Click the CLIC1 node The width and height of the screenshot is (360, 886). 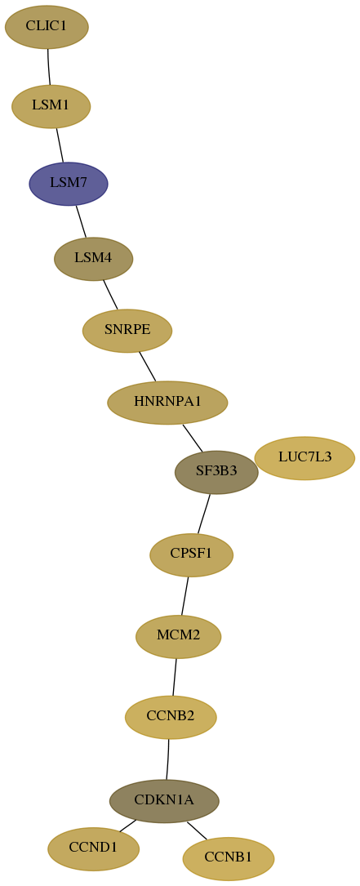tap(47, 27)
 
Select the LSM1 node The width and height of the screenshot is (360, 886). tap(51, 105)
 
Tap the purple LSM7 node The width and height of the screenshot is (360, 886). tap(69, 184)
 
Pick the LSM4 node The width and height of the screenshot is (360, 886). tap(93, 259)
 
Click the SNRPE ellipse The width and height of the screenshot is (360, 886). tap(127, 331)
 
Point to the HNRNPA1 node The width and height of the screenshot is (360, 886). tap(167, 403)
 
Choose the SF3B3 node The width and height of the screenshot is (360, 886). tap(216, 472)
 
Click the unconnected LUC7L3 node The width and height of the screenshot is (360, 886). tap(304, 457)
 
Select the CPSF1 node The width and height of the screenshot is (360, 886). tap(191, 555)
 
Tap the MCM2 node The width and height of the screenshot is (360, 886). tap(178, 636)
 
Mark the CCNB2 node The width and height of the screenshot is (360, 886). tap(171, 717)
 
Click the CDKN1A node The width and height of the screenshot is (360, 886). tap(164, 801)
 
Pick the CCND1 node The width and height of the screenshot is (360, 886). tap(93, 848)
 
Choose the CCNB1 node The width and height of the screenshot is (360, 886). tap(229, 858)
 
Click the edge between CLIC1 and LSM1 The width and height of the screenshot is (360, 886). tap(48, 67)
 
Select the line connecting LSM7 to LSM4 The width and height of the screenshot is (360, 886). tap(81, 221)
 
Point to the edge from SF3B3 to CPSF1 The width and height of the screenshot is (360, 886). tap(203, 514)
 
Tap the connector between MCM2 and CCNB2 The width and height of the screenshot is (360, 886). tap(175, 677)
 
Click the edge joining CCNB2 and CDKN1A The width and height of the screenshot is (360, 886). tap(168, 759)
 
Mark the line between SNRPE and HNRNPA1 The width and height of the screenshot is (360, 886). tap(147, 366)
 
